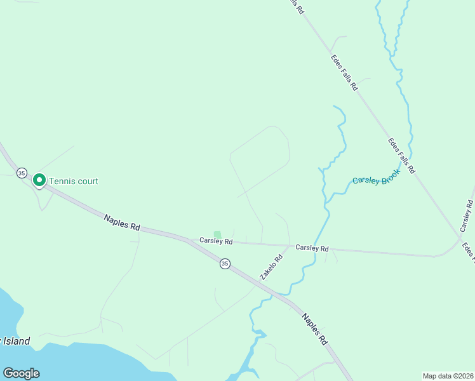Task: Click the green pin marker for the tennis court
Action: [39, 180]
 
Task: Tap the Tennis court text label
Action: [74, 182]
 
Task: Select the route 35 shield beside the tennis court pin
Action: [22, 173]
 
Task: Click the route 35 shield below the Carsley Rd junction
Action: [225, 264]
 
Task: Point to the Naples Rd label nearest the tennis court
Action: [122, 222]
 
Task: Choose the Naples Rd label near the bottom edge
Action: [315, 329]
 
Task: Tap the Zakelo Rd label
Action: [271, 268]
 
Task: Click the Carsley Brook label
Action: [376, 180]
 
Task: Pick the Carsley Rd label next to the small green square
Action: [216, 241]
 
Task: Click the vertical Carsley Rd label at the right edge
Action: [467, 215]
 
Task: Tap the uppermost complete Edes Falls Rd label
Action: [344, 72]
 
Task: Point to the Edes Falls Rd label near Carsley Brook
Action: [401, 156]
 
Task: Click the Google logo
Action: [21, 373]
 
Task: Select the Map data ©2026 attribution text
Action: [447, 376]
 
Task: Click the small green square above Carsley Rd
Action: [217, 234]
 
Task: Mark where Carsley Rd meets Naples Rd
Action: [189, 240]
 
